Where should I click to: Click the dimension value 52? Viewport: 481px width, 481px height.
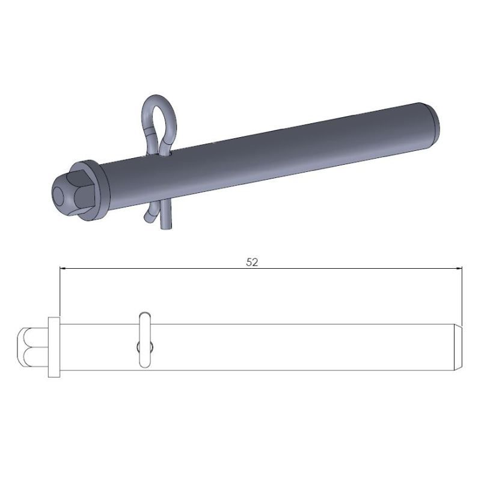click(252, 263)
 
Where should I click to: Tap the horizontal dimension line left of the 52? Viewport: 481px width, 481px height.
click(150, 268)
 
